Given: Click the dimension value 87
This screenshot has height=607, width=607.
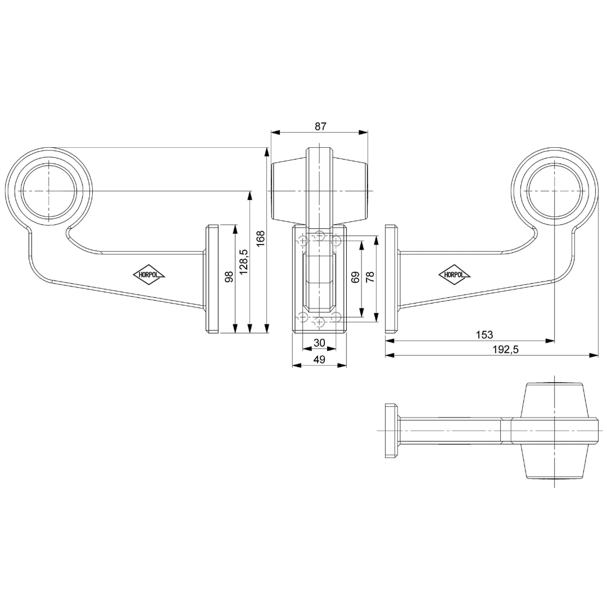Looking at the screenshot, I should tap(320, 126).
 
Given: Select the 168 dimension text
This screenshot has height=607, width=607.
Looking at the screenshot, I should tap(260, 239).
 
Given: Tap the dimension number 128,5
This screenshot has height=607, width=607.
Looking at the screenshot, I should tap(243, 261).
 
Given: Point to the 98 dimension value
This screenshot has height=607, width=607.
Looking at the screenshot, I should tap(229, 277).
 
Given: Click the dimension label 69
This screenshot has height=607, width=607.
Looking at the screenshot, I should tap(355, 277).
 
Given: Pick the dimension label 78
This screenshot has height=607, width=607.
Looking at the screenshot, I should tap(370, 277).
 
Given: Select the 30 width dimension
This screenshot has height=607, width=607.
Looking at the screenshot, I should tap(319, 343).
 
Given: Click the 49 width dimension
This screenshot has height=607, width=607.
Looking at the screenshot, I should tap(319, 360).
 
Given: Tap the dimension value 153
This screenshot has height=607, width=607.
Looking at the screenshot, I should tap(484, 335).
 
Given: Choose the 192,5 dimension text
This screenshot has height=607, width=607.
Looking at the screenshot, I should tap(505, 350).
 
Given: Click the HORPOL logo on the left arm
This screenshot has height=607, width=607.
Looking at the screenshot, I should tap(149, 275).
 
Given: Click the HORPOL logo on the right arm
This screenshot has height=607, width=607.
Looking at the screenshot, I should tap(454, 275).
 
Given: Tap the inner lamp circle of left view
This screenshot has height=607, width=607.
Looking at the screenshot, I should tap(48, 192).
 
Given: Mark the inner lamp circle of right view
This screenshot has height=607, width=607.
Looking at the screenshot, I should tap(555, 192).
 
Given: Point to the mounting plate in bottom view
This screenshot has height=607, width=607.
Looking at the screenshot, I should tap(392, 431).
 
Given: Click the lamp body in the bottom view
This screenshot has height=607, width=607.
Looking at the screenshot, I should tap(555, 431).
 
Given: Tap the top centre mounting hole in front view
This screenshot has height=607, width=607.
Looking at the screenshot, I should tap(320, 234).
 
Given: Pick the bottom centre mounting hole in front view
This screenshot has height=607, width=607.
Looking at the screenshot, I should tap(320, 322).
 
